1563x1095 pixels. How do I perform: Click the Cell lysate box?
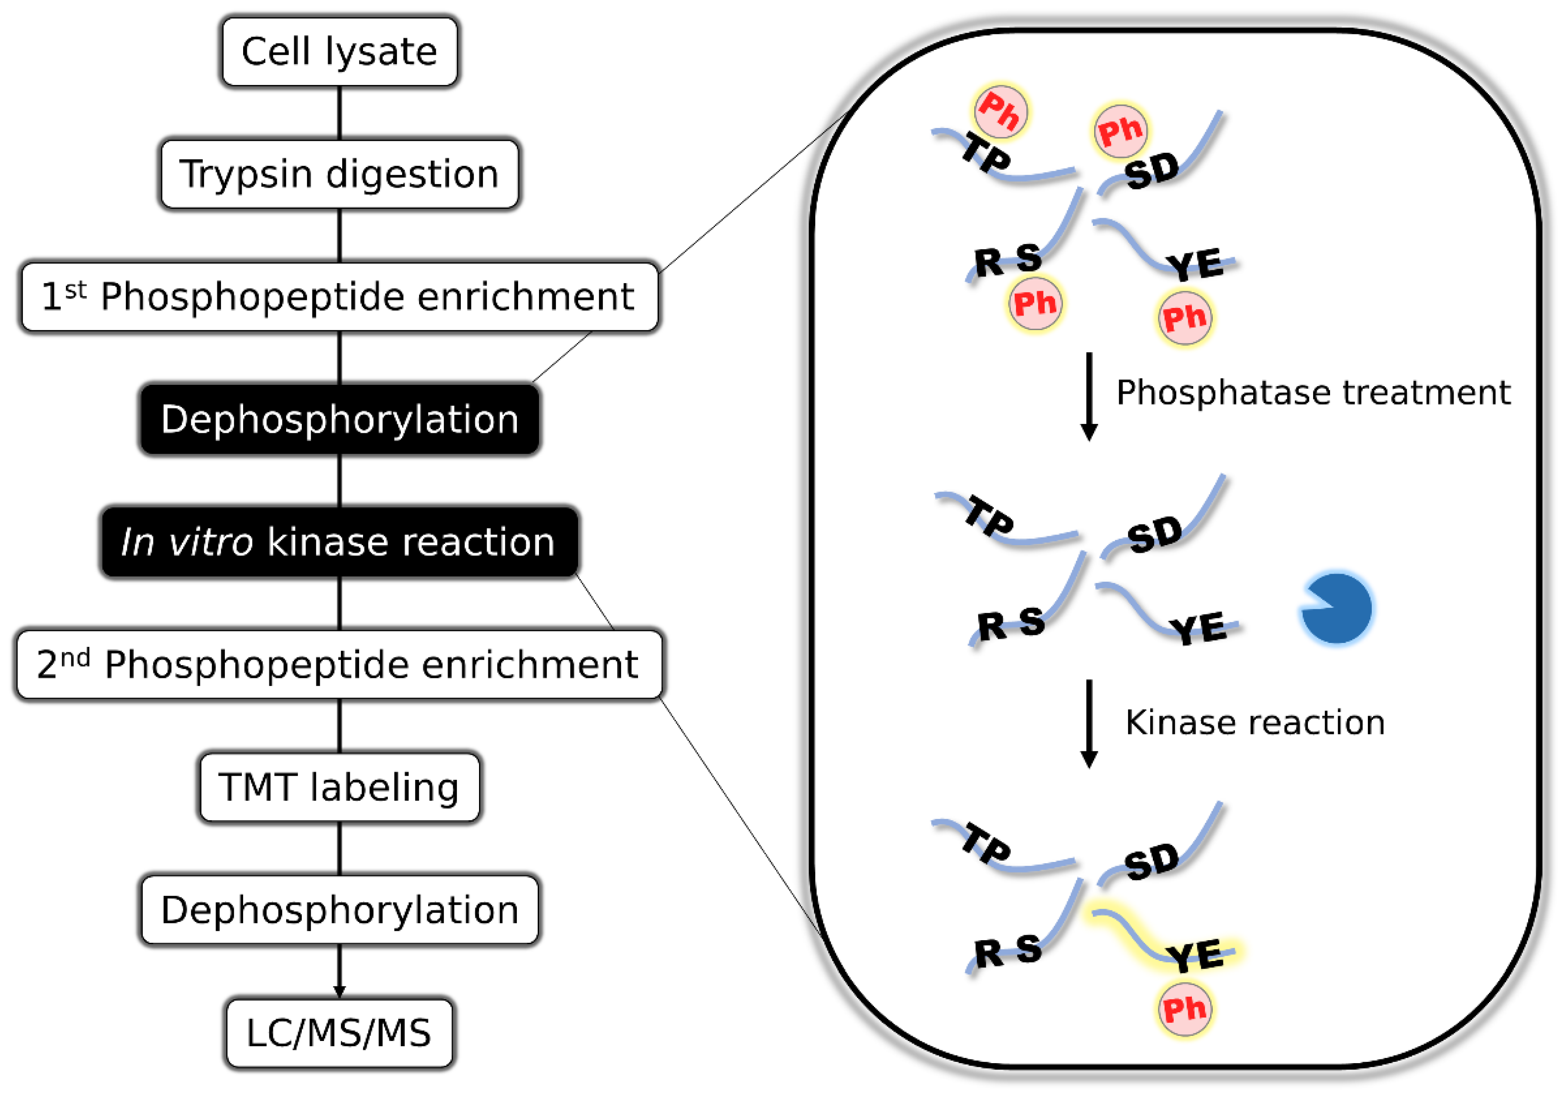click(339, 52)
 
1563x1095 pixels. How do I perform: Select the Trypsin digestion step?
click(339, 174)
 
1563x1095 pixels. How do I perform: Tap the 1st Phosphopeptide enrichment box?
click(339, 297)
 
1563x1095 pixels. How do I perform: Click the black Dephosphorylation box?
click(339, 419)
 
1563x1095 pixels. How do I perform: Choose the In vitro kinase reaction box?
click(339, 542)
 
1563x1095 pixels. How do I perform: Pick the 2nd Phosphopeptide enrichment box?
click(339, 665)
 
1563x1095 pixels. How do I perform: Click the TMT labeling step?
click(339, 787)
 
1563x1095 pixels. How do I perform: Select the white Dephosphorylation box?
click(339, 910)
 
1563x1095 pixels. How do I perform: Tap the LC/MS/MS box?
click(339, 1032)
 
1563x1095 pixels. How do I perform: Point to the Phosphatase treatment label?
click(1313, 393)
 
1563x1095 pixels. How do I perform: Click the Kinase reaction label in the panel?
click(1255, 722)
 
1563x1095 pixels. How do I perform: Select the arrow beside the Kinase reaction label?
click(1089, 723)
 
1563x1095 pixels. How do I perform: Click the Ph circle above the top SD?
click(1120, 131)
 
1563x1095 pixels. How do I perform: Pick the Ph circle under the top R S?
click(1035, 304)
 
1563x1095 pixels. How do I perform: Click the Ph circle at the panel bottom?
click(1185, 1009)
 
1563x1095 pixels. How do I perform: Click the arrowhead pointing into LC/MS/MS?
click(339, 992)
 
